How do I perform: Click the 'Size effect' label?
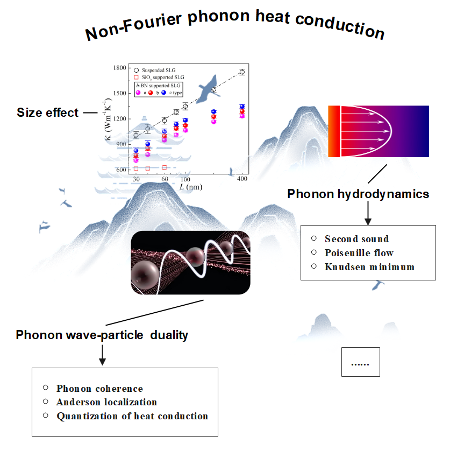click(47, 112)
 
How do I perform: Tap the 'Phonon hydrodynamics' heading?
click(358, 194)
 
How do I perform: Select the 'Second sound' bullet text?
click(357, 239)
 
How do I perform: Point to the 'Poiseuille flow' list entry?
click(359, 253)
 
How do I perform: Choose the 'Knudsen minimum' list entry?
click(369, 267)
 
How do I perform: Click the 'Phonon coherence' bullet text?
click(99, 389)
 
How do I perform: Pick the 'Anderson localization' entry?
click(106, 402)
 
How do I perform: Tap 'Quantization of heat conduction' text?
click(132, 416)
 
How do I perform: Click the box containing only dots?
click(361, 362)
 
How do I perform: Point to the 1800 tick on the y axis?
click(119, 68)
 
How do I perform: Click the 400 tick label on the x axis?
click(242, 179)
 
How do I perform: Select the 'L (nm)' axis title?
click(191, 187)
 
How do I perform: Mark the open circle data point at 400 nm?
click(242, 72)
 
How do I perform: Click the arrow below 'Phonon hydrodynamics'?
click(368, 213)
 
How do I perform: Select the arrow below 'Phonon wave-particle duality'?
click(102, 355)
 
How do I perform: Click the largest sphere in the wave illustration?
click(145, 275)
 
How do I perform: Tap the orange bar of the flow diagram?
click(334, 131)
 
